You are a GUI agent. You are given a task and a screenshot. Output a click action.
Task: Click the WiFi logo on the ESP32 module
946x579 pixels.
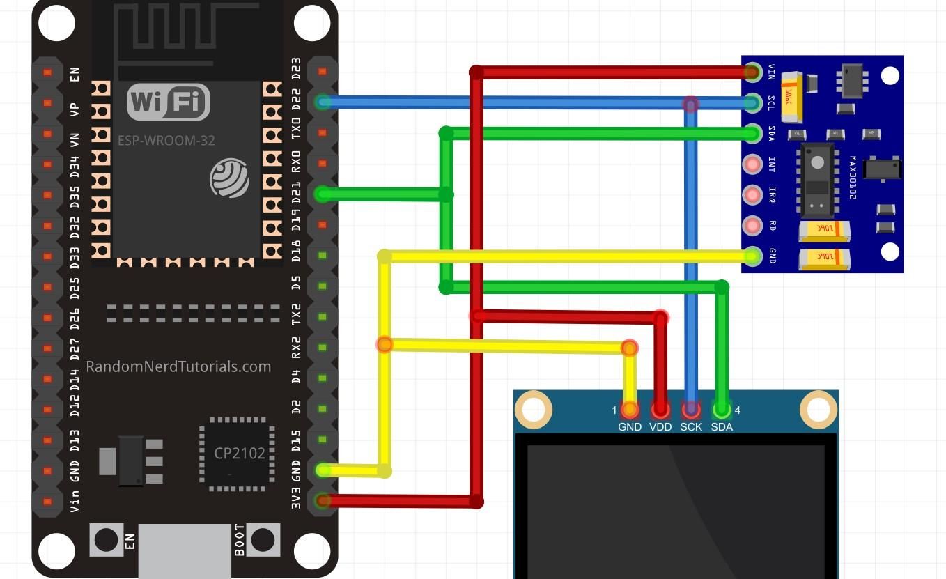point(168,102)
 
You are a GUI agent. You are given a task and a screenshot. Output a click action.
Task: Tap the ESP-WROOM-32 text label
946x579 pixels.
point(166,140)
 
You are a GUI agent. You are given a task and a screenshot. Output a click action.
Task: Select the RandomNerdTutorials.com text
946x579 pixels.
point(178,366)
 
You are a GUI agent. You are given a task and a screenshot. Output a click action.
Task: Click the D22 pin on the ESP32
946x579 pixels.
point(322,102)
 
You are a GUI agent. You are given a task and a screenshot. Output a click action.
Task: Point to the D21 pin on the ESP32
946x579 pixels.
point(322,194)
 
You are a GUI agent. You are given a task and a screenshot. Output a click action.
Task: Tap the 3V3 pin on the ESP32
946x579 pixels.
point(322,500)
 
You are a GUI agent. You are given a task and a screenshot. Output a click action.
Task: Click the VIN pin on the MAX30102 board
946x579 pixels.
point(752,72)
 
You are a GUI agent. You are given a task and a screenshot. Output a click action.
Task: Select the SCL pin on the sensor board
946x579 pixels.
point(752,103)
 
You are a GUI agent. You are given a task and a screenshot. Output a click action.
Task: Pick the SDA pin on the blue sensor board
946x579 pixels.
point(752,133)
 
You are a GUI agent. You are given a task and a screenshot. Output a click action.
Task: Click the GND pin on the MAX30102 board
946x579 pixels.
point(752,256)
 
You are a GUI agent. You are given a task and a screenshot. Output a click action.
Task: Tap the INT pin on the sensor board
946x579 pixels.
point(752,164)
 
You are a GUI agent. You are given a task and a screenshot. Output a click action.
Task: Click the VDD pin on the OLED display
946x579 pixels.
point(660,409)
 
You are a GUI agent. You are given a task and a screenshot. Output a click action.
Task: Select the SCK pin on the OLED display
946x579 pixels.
point(691,409)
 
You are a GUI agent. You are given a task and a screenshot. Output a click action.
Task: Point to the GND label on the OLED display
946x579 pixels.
point(629,426)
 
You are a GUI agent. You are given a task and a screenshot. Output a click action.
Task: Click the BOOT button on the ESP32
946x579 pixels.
point(263,539)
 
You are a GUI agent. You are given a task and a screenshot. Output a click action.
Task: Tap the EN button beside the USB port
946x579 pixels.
point(106,539)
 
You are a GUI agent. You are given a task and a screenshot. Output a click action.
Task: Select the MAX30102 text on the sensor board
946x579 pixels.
point(853,178)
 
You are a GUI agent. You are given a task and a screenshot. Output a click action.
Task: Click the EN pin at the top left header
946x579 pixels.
point(47,72)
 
